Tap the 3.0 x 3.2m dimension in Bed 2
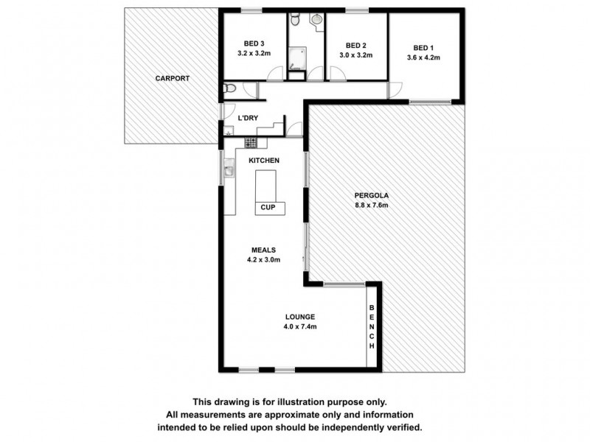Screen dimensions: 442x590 [355, 55]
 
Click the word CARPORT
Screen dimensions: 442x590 [172, 78]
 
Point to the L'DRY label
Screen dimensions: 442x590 [246, 118]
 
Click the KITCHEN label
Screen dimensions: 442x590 [263, 160]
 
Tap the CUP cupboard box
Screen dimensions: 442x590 [269, 208]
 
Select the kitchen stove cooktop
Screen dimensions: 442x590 [251, 141]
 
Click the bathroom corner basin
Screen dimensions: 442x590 [317, 20]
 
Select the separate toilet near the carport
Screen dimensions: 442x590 [229, 89]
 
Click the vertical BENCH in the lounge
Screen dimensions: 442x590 [372, 326]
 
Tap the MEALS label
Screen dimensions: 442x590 [263, 250]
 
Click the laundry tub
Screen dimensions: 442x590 [229, 130]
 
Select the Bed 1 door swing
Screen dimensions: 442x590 [396, 90]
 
